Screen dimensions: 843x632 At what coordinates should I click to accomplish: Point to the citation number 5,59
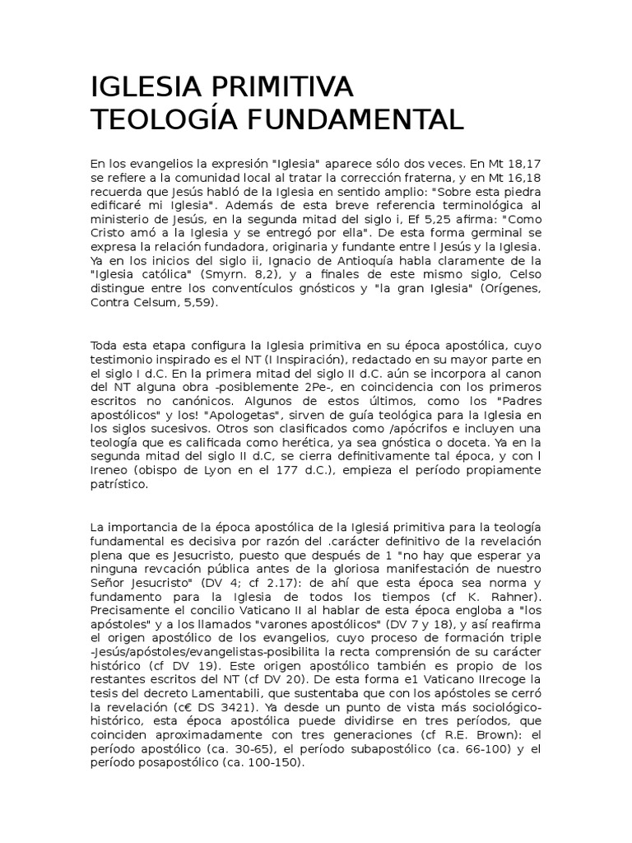pyautogui.click(x=202, y=303)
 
